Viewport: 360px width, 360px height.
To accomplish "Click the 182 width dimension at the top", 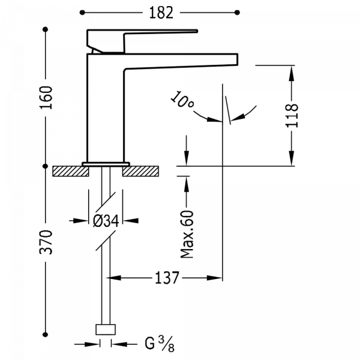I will tap(160, 11).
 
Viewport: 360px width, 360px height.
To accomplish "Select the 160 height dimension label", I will tap(47, 96).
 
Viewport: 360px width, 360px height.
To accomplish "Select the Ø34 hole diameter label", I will tap(106, 221).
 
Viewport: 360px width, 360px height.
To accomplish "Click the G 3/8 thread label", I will tap(154, 344).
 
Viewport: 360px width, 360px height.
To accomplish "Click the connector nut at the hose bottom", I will tap(106, 329).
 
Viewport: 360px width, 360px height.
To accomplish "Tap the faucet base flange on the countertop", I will tap(106, 164).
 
